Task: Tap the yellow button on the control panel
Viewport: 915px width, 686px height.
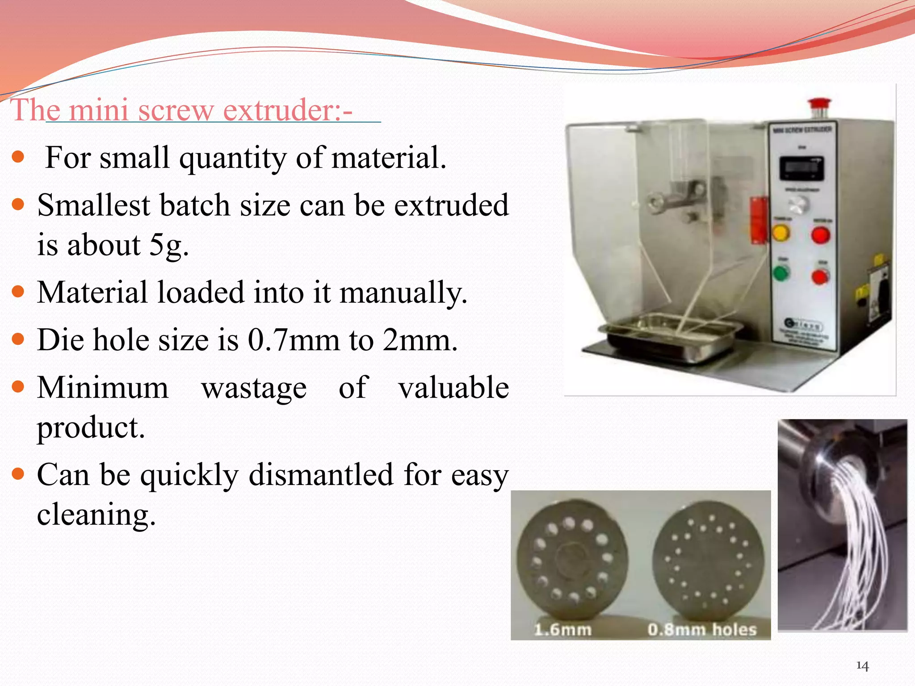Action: click(781, 233)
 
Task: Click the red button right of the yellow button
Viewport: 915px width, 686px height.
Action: click(820, 235)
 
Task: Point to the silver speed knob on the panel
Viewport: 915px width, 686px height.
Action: click(798, 205)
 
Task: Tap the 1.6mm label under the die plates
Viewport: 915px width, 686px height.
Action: click(563, 630)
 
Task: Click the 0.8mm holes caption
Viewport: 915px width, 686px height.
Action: click(702, 630)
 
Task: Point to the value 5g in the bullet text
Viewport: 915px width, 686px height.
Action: click(168, 245)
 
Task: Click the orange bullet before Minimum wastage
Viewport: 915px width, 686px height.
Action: click(18, 386)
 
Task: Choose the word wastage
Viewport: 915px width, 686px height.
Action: click(254, 388)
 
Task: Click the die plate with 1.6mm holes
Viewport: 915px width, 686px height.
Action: click(572, 558)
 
